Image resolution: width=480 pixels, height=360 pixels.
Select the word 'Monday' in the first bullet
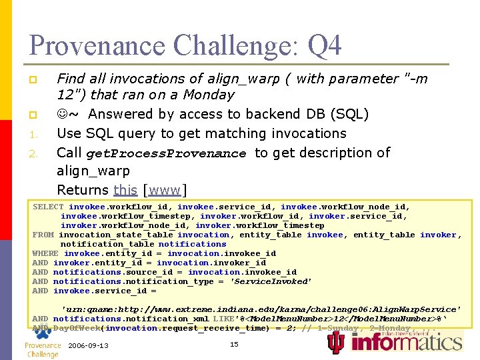(206, 95)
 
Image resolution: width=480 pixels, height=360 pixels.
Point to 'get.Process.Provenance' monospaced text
(166, 153)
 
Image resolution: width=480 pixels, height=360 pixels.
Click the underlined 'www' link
(165, 190)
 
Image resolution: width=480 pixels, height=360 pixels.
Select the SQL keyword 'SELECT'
(48, 207)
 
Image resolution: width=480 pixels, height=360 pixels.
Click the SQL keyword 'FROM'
(43, 235)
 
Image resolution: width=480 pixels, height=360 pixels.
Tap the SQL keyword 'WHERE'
(45, 253)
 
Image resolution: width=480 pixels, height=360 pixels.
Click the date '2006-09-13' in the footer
(88, 345)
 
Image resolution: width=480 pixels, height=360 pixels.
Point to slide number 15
(234, 344)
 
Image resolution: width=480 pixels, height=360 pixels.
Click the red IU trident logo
(337, 342)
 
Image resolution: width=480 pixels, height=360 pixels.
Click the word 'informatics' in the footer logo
(406, 342)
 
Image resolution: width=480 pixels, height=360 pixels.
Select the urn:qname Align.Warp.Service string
(261, 309)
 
